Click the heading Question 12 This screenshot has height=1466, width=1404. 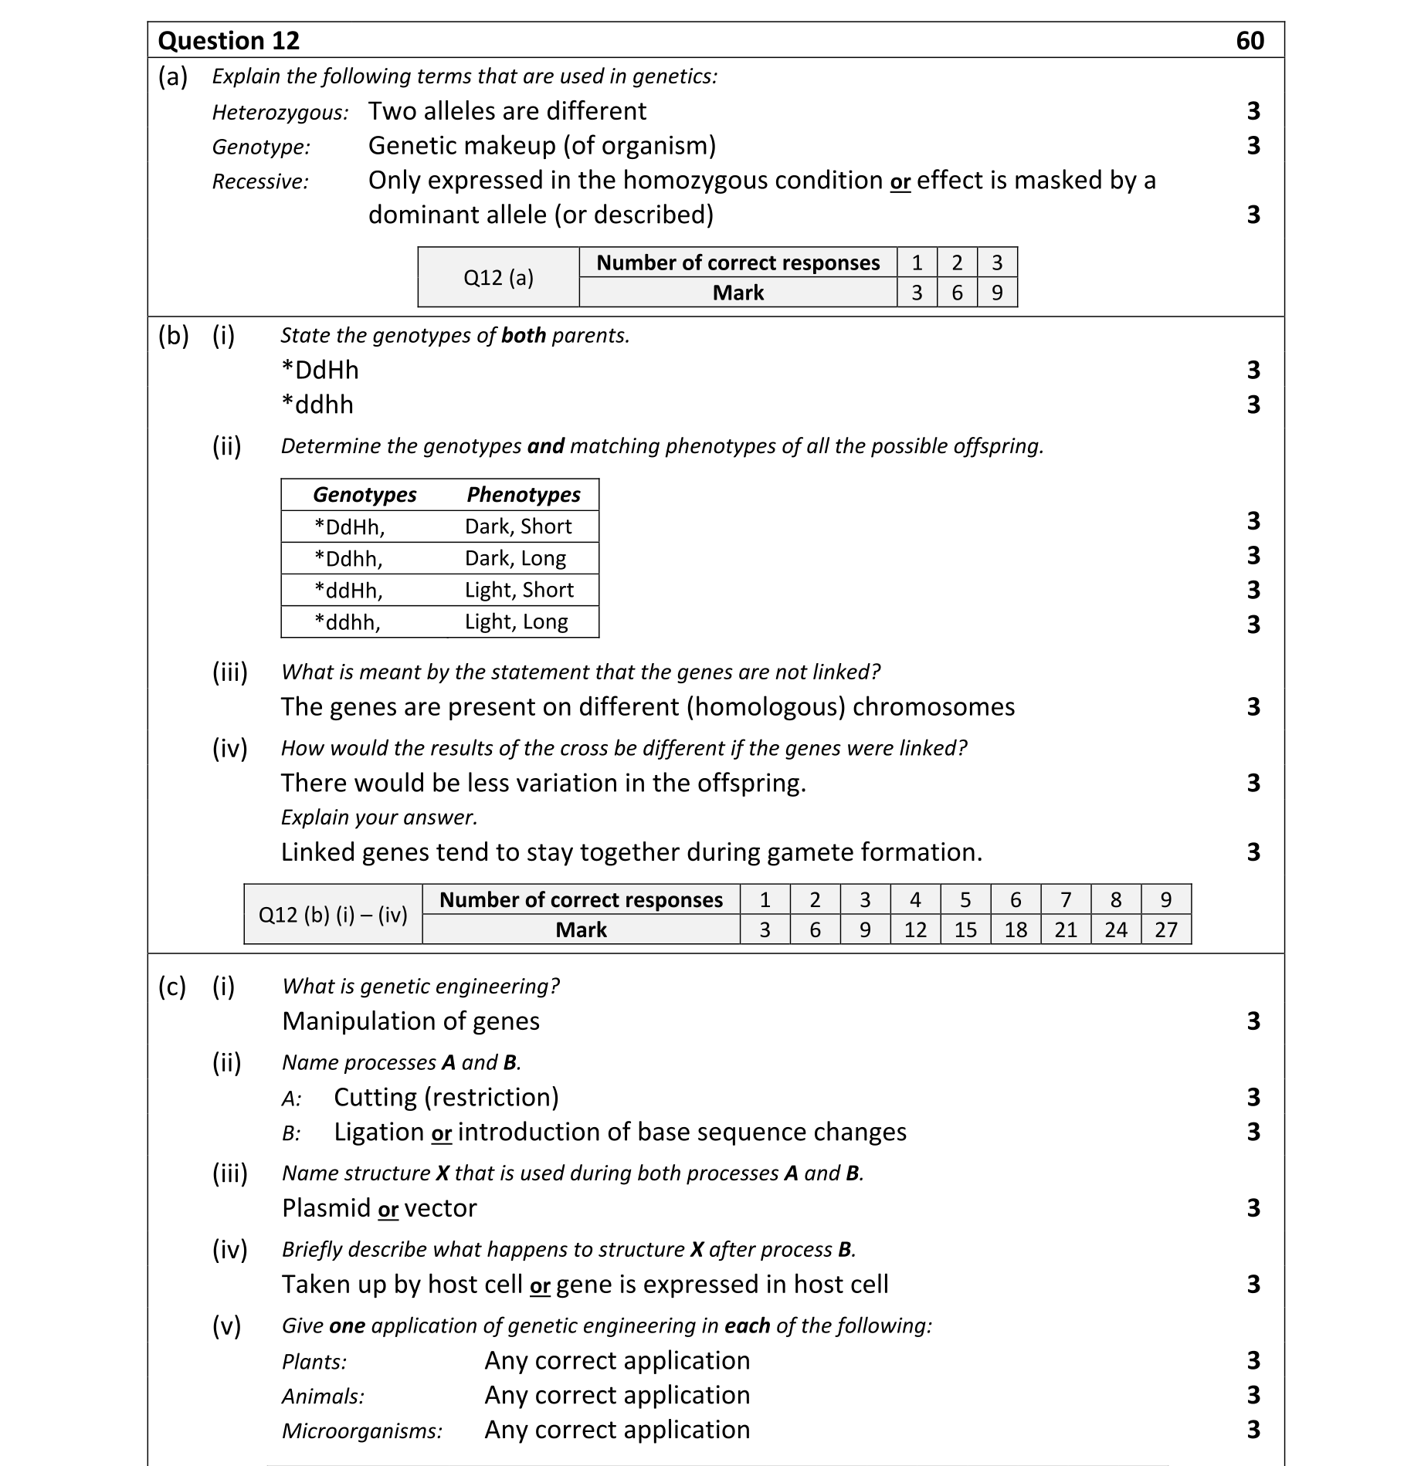pyautogui.click(x=229, y=40)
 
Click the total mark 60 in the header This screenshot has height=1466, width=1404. pyautogui.click(x=1250, y=40)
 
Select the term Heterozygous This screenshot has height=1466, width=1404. pyautogui.click(x=280, y=113)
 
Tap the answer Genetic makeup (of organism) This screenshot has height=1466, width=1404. pyautogui.click(x=541, y=145)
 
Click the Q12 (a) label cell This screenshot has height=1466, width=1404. pyautogui.click(x=498, y=277)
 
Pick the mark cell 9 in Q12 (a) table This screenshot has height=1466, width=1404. pyautogui.click(x=996, y=293)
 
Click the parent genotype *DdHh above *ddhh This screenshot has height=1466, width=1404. pyautogui.click(x=320, y=370)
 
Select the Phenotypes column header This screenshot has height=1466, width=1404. pyautogui.click(x=523, y=494)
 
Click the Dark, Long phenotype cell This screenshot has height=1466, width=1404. pyautogui.click(x=515, y=558)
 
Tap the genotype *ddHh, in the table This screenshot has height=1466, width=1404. pyautogui.click(x=348, y=591)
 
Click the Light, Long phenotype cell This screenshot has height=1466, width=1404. pyautogui.click(x=516, y=621)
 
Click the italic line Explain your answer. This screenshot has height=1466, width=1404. pyautogui.click(x=378, y=817)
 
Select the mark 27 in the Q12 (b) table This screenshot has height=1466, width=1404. pyautogui.click(x=1165, y=929)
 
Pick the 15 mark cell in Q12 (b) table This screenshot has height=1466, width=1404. pyautogui.click(x=965, y=929)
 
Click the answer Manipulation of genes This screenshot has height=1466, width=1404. pyautogui.click(x=410, y=1021)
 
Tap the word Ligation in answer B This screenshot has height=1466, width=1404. pyautogui.click(x=378, y=1132)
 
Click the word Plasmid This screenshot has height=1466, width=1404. pyautogui.click(x=326, y=1208)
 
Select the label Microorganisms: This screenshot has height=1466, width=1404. pyautogui.click(x=361, y=1430)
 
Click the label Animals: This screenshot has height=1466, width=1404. pyautogui.click(x=323, y=1396)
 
